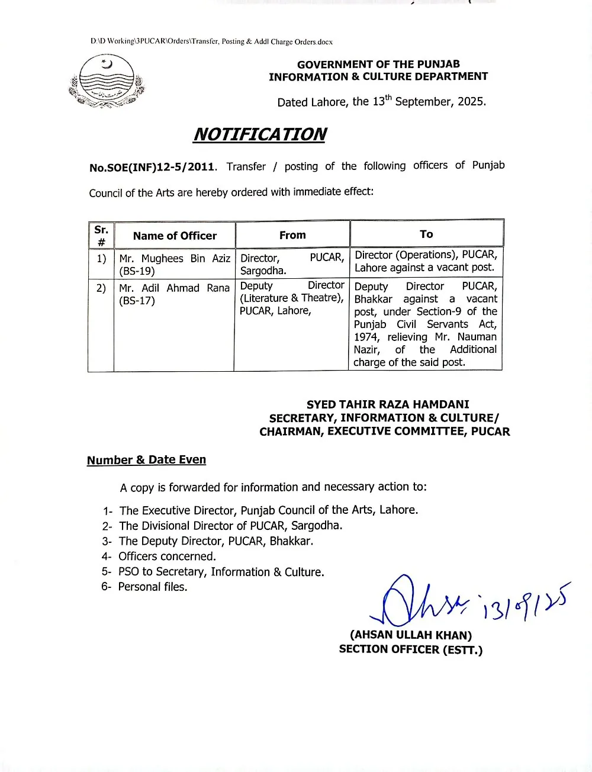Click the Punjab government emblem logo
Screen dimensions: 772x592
pos(107,81)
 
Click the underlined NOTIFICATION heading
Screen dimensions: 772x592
pos(259,134)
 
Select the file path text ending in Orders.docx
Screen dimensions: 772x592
pos(211,42)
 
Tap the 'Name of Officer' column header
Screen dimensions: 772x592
pos(175,236)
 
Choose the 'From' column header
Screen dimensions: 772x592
pos(292,235)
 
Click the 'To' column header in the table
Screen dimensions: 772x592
pos(426,234)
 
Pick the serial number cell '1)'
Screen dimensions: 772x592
pos(101,258)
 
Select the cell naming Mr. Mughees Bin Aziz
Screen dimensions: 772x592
pos(174,265)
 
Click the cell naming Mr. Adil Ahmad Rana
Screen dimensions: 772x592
pos(174,294)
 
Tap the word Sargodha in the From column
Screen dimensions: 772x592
pos(263,271)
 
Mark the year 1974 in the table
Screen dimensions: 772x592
pos(366,337)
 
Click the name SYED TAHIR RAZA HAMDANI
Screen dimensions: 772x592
pos(388,404)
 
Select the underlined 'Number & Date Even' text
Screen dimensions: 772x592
pos(146,460)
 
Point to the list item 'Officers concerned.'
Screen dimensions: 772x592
pos(167,557)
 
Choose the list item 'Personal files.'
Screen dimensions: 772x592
pos(153,587)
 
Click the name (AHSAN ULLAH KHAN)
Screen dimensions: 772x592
pos(411,635)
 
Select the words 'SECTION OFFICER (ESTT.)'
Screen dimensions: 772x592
pos(411,649)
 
